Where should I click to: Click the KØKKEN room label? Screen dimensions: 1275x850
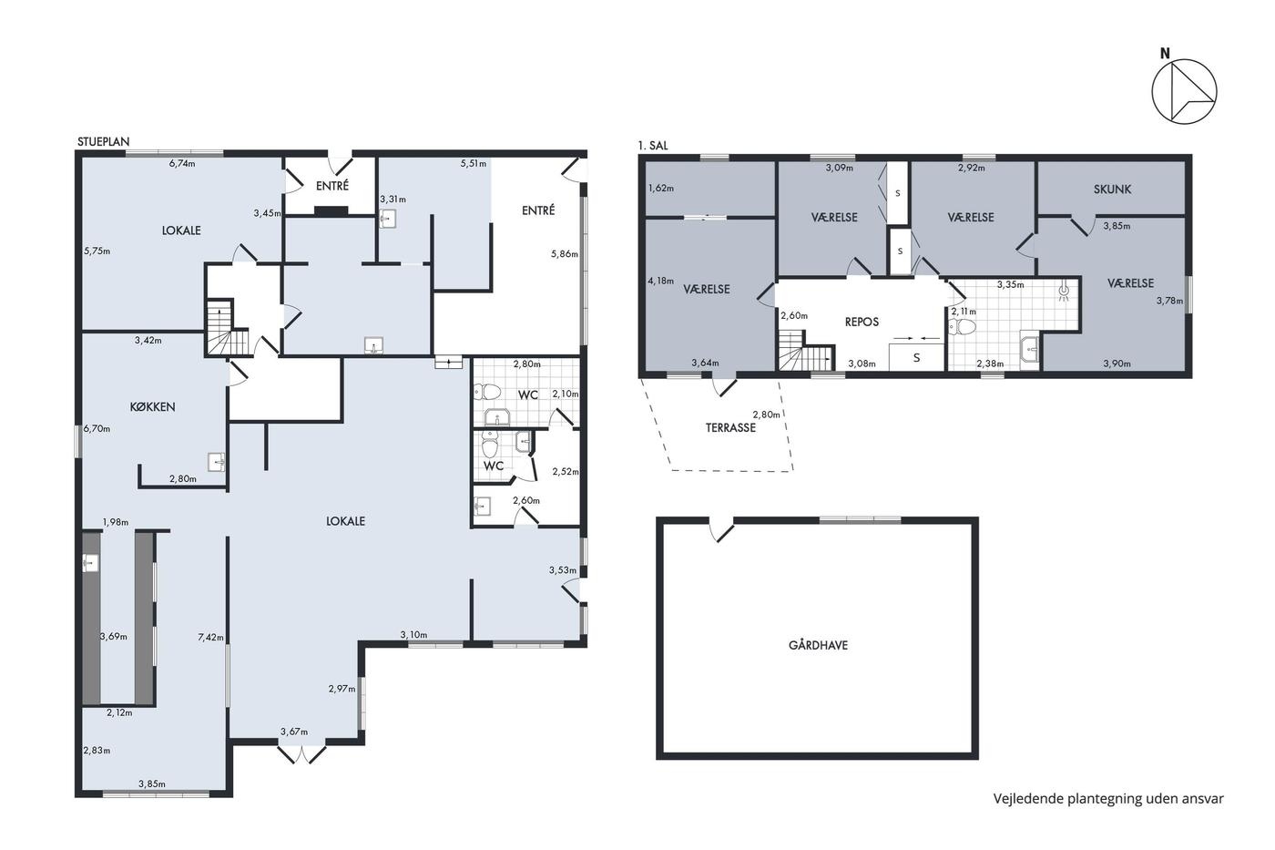(152, 406)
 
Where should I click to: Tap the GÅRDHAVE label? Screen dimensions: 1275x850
(818, 645)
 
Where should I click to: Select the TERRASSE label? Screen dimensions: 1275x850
(730, 427)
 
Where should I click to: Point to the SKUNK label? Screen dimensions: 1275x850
(1112, 189)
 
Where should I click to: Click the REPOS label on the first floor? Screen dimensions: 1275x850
(862, 322)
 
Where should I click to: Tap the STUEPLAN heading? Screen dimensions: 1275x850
(104, 142)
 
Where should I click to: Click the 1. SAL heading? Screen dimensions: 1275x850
(653, 145)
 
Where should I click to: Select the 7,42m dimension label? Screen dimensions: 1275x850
(210, 637)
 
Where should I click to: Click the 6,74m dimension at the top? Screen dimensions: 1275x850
(182, 163)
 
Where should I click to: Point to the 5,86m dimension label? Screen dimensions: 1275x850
(564, 254)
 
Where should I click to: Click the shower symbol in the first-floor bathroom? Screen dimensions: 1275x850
(1064, 292)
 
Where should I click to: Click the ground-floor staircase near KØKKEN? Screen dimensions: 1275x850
(228, 329)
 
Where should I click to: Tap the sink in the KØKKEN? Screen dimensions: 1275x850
(217, 462)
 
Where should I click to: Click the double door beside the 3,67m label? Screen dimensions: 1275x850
(301, 753)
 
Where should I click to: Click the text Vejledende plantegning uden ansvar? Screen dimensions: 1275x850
(1108, 799)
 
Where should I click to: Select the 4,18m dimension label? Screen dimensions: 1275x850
(660, 281)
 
